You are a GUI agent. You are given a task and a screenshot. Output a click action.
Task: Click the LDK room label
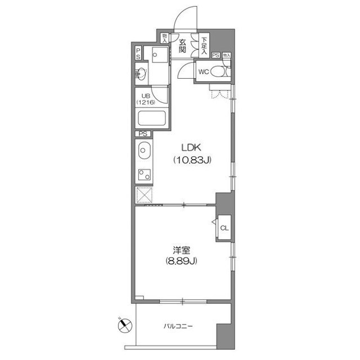[191, 148]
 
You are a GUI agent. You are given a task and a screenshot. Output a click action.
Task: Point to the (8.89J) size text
[181, 261]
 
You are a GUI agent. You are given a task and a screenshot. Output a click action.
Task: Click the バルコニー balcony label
[179, 326]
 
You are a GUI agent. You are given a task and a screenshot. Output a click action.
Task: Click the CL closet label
[224, 228]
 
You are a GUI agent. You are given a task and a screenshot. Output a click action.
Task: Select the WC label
[204, 71]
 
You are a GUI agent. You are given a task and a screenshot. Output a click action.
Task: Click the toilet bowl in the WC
[224, 71]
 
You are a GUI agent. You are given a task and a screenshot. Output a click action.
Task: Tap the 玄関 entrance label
[183, 45]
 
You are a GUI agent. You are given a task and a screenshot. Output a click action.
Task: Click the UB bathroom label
[145, 96]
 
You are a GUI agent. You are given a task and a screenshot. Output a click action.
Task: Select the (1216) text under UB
[145, 103]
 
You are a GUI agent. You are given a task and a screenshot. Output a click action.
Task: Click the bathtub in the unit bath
[152, 119]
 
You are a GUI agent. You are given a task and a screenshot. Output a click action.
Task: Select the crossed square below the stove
[143, 195]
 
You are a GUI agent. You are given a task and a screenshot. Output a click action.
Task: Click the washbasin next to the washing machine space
[141, 73]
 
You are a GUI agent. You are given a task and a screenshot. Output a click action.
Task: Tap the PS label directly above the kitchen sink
[142, 134]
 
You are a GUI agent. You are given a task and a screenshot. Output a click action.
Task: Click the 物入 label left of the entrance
[164, 38]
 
